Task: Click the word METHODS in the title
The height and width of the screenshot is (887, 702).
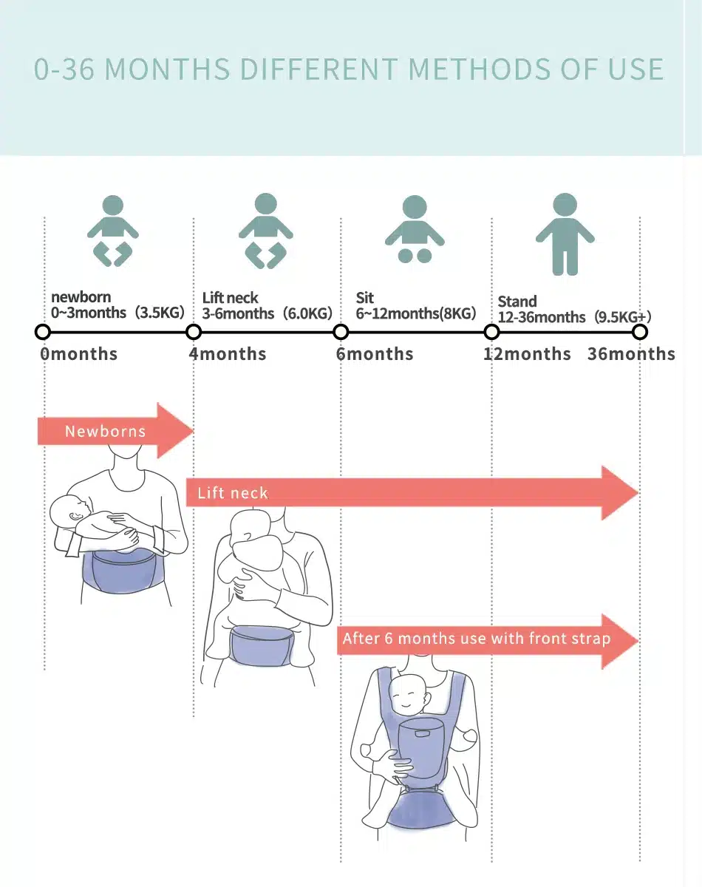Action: pyautogui.click(x=479, y=69)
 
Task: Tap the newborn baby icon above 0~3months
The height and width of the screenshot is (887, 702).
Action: pyautogui.click(x=113, y=231)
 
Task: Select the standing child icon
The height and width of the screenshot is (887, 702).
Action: pyautogui.click(x=565, y=234)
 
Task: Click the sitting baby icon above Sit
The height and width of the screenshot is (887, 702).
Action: pyautogui.click(x=415, y=229)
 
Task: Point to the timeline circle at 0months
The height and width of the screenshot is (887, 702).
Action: pyautogui.click(x=43, y=332)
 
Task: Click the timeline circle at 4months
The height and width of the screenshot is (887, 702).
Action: pyautogui.click(x=194, y=332)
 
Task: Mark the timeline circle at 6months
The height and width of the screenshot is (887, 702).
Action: pyautogui.click(x=341, y=332)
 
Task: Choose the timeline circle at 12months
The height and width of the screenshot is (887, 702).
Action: pyautogui.click(x=492, y=332)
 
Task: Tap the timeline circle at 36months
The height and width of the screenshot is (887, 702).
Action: pyautogui.click(x=640, y=332)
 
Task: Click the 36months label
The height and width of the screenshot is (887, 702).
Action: pyautogui.click(x=631, y=354)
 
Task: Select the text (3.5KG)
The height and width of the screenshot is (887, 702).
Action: pyautogui.click(x=160, y=313)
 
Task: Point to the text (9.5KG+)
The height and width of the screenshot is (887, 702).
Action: pyautogui.click(x=622, y=317)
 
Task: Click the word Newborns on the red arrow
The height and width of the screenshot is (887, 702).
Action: pyautogui.click(x=105, y=431)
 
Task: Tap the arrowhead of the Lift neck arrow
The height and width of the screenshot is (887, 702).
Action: pyautogui.click(x=620, y=492)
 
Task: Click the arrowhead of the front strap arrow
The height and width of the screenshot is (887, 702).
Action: pyautogui.click(x=620, y=641)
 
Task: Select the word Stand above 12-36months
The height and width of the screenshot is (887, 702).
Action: pyautogui.click(x=517, y=302)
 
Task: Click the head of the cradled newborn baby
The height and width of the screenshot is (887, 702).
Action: pyautogui.click(x=70, y=512)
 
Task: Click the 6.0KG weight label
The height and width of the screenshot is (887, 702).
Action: pyautogui.click(x=307, y=313)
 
